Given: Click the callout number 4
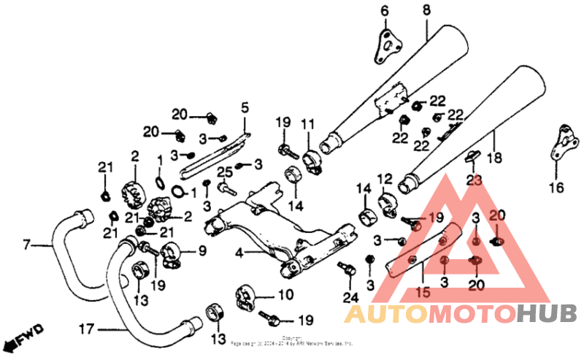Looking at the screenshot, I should [x=239, y=253].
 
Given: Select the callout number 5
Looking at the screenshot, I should [x=245, y=108].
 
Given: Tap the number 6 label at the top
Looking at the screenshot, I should [x=385, y=10].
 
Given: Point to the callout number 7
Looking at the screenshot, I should [x=27, y=244].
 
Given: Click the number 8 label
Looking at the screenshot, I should [x=426, y=9].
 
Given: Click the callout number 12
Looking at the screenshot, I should [x=385, y=177].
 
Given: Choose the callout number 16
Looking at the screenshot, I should [x=557, y=187].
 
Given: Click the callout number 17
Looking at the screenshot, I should [x=87, y=329].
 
